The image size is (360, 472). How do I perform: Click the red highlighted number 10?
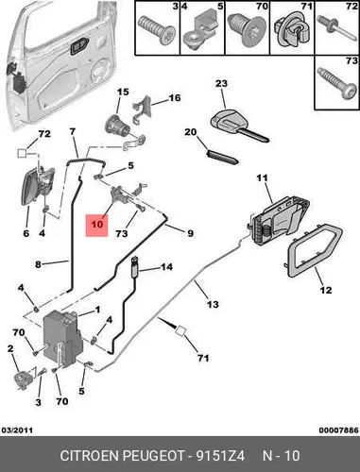pos(97,225)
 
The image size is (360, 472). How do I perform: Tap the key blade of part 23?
pos(253,135)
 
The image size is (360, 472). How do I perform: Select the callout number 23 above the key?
pos(221,83)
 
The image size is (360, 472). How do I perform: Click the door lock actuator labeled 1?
pos(62,339)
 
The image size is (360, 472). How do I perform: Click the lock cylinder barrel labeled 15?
pos(117,126)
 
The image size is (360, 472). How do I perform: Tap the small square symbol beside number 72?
pos(22,153)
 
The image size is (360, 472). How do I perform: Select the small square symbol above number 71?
pos(180,331)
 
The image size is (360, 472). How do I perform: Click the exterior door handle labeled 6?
pos(37,186)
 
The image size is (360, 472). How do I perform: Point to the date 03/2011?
pos(17,430)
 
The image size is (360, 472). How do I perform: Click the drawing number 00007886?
pos(338,430)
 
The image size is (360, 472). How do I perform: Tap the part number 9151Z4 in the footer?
pos(220,456)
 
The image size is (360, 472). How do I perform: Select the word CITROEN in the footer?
pos(89,456)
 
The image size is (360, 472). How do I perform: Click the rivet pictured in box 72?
pos(336,27)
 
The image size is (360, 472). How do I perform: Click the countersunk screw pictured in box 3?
pos(157,30)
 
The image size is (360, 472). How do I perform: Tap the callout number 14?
pos(166,267)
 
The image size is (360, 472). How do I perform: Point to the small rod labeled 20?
pos(223,157)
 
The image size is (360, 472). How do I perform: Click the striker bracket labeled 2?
pos(24,379)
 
